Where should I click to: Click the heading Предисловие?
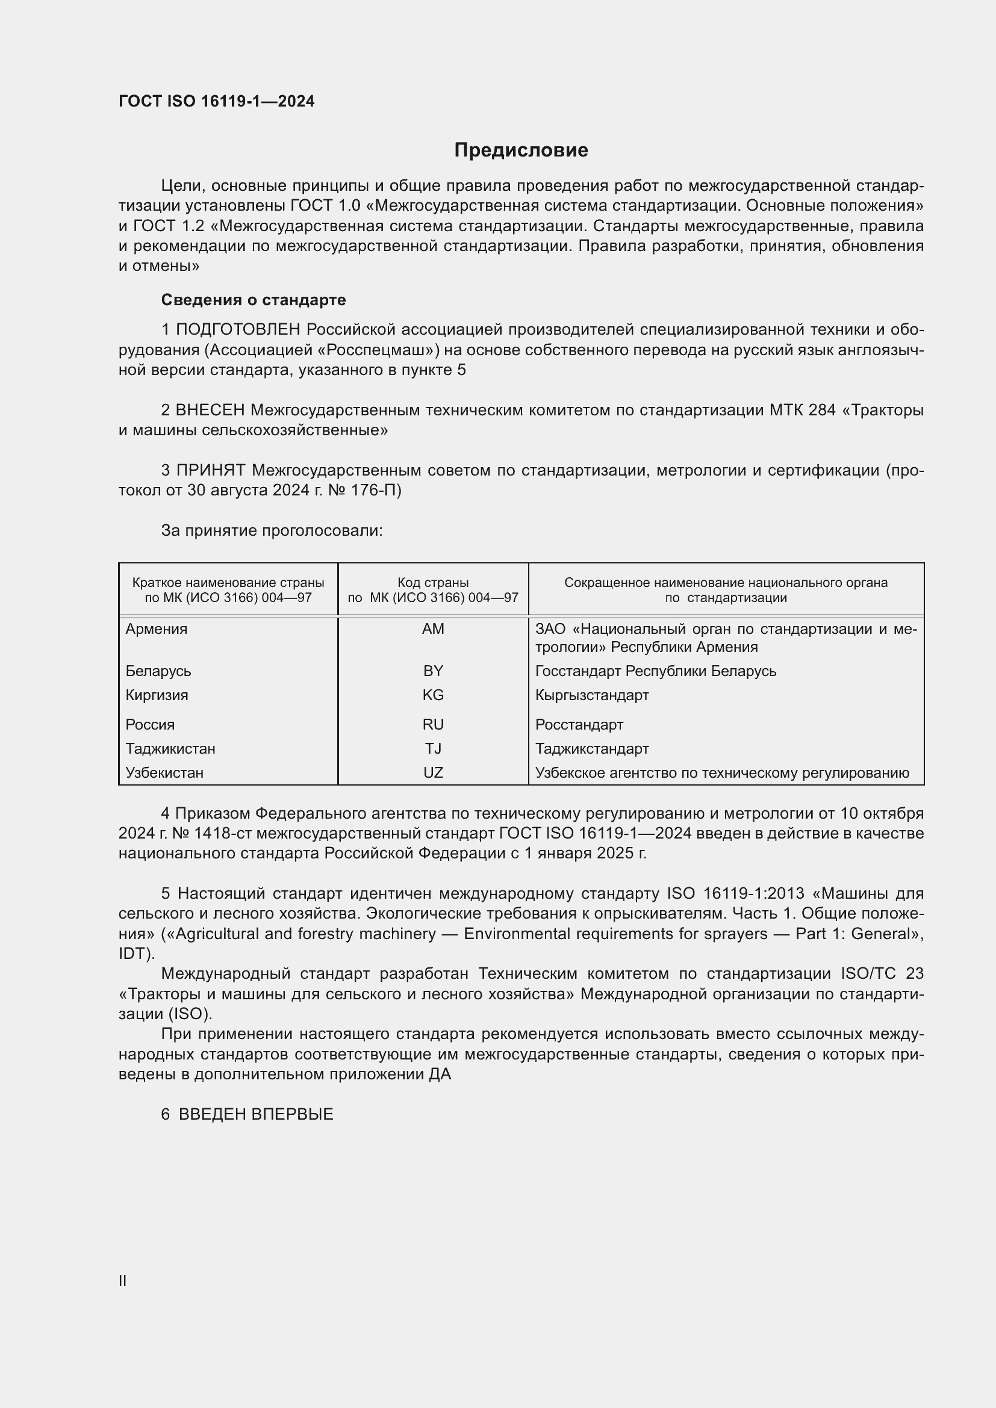pyautogui.click(x=521, y=150)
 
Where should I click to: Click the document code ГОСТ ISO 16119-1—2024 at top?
pyautogui.click(x=217, y=102)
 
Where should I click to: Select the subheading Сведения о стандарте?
pyautogui.click(x=254, y=300)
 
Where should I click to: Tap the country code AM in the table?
pyautogui.click(x=433, y=629)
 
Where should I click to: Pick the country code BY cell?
pyautogui.click(x=433, y=671)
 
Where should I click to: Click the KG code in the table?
pyautogui.click(x=433, y=695)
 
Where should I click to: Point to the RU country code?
pyautogui.click(x=433, y=725)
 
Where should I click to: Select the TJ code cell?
pyautogui.click(x=433, y=749)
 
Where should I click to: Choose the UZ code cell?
pyautogui.click(x=433, y=773)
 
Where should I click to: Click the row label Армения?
pyautogui.click(x=157, y=629)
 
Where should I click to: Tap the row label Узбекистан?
pyautogui.click(x=164, y=773)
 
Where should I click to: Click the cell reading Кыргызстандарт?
pyautogui.click(x=592, y=695)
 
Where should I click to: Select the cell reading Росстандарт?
pyautogui.click(x=579, y=725)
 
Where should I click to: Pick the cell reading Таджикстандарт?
pyautogui.click(x=592, y=749)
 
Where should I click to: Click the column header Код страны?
pyautogui.click(x=433, y=583)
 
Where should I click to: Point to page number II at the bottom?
pyautogui.click(x=123, y=1280)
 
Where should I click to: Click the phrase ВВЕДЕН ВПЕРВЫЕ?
pyautogui.click(x=256, y=1114)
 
